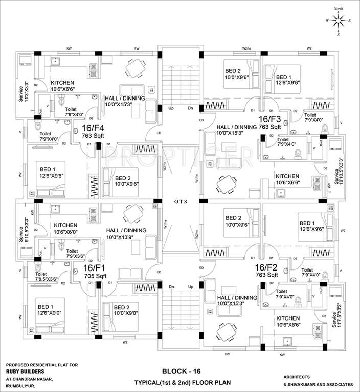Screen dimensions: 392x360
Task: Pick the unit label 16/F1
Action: click(x=94, y=267)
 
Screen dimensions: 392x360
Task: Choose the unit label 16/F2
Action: click(x=266, y=266)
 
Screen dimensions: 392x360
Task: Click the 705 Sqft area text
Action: click(x=95, y=276)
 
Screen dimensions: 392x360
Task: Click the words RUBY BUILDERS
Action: click(x=27, y=372)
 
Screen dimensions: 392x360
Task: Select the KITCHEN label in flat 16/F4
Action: click(x=62, y=82)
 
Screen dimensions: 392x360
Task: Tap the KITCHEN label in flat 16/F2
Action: click(x=287, y=317)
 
